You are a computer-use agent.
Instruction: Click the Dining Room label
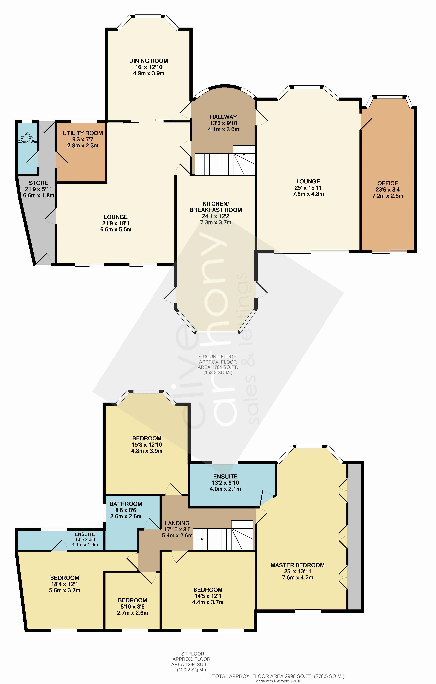click(149, 61)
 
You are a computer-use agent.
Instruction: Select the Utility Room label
click(83, 133)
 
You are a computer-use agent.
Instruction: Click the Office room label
click(388, 183)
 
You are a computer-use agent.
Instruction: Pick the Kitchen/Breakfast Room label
click(216, 207)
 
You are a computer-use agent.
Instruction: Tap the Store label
click(39, 183)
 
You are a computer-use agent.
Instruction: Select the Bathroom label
click(126, 504)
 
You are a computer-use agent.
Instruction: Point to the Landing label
click(177, 523)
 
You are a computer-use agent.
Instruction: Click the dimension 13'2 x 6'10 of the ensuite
click(225, 483)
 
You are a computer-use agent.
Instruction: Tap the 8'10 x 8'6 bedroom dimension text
click(132, 606)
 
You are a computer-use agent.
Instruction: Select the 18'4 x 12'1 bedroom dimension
click(65, 584)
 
